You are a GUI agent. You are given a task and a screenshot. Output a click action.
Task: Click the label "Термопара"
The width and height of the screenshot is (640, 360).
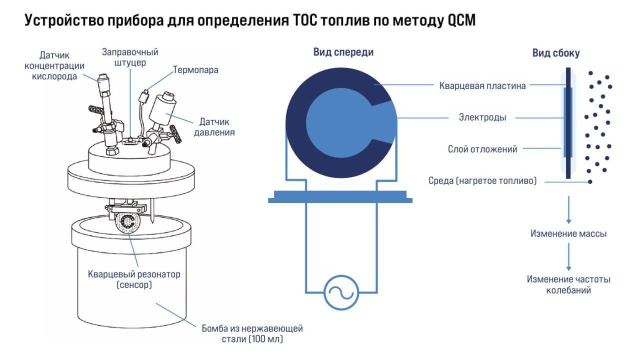tap(195, 70)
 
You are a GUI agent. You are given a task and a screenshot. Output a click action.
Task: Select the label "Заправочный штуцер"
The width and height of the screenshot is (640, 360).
tap(130, 57)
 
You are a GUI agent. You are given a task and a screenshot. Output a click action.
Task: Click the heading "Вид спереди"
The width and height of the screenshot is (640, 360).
tap(343, 52)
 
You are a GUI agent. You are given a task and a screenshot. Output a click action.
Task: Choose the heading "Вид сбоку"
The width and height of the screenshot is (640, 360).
tap(556, 53)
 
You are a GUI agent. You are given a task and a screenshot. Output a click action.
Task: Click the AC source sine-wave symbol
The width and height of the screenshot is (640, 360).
tap(342, 292)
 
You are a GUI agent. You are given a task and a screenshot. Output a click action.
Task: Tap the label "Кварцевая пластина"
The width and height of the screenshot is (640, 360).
tap(482, 85)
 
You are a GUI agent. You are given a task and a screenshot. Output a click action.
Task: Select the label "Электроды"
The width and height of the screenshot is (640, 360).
tap(482, 118)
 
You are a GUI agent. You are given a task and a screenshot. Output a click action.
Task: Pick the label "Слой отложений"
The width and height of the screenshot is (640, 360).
tap(482, 149)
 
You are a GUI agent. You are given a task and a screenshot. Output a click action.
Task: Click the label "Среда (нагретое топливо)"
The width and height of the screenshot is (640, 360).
tap(482, 181)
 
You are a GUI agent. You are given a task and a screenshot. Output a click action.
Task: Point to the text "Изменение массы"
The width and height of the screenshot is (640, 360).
tap(569, 233)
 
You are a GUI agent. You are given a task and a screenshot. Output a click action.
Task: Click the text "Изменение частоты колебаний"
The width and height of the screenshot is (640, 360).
tap(568, 284)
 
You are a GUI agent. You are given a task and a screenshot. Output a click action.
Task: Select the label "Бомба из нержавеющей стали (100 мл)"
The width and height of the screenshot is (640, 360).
tap(252, 334)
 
